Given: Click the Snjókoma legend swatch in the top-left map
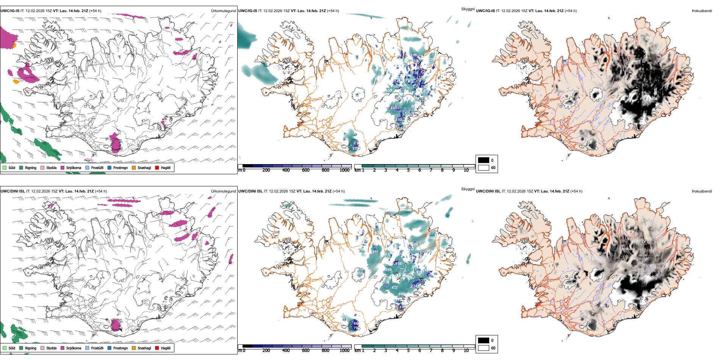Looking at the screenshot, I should tap(63, 167).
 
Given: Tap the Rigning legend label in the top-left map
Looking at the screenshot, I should tap(31, 167).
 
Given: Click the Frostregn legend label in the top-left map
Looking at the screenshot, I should tap(121, 167).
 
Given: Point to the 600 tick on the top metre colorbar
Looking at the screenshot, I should tap(305, 170).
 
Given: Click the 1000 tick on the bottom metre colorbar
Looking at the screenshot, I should tap(344, 351).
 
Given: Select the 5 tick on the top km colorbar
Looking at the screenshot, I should tap(408, 170).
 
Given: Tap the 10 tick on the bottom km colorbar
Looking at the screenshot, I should tap(466, 351).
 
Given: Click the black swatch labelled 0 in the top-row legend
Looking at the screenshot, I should tap(484, 160).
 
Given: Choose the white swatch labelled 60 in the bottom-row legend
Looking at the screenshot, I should tap(484, 348).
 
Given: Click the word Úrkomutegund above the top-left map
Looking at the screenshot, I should tap(223, 11).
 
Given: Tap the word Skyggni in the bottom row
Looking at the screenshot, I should tap(468, 189).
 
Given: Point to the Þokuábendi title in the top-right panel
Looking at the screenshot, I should tap(702, 11).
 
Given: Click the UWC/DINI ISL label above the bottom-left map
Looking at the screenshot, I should tap(13, 191).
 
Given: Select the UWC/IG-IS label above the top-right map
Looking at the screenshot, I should tap(485, 11).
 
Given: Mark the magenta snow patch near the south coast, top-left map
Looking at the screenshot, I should tap(115, 144).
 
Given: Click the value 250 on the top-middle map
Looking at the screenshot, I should tap(394, 108).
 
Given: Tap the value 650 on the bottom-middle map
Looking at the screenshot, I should tap(401, 294).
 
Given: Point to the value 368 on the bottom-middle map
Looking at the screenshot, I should tap(388, 270).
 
